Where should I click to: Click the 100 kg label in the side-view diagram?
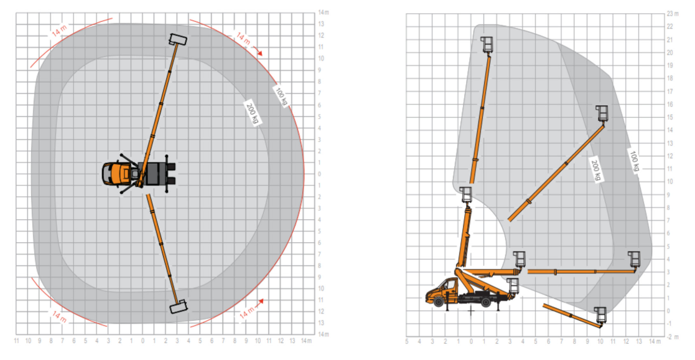coord(634,161)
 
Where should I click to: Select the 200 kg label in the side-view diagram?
coord(595,169)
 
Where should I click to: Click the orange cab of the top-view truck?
coord(113,173)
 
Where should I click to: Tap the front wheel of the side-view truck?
coord(439,301)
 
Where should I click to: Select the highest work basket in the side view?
coord(487,44)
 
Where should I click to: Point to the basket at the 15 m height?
coord(602,113)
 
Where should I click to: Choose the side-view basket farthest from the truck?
coord(634,258)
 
